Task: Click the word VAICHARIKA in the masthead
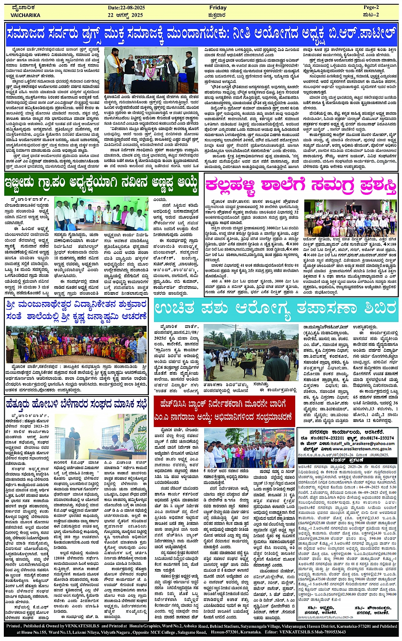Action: point(26,15)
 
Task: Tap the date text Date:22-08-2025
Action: point(127,8)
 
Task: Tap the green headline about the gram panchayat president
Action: point(101,183)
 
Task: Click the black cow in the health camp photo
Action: point(244,365)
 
